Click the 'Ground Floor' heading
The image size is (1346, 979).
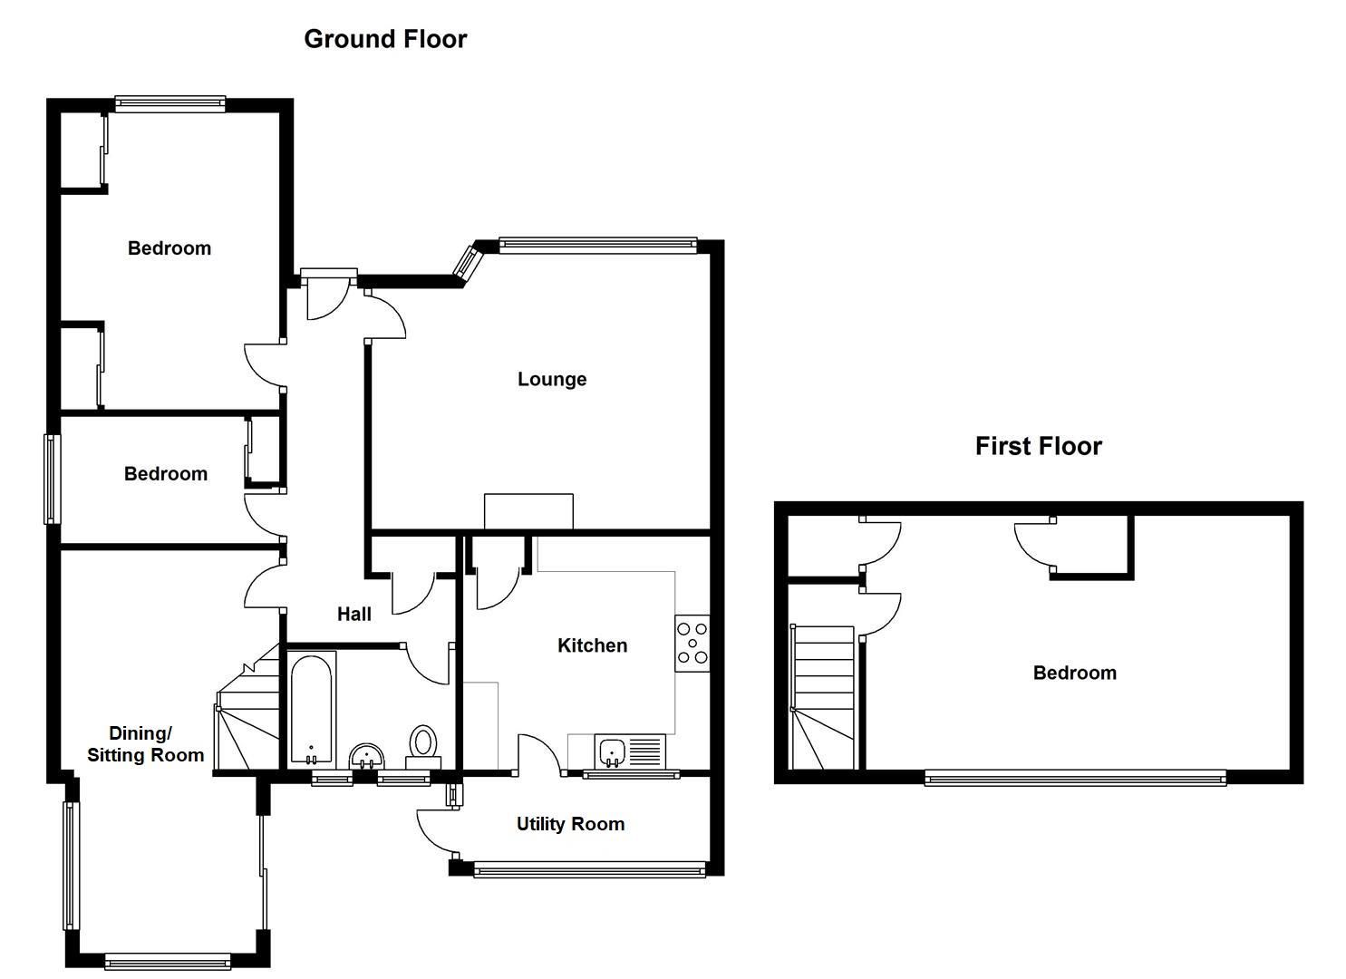click(385, 39)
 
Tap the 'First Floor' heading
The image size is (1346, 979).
click(1038, 446)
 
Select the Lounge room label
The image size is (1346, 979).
click(551, 379)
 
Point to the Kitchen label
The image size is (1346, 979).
click(592, 645)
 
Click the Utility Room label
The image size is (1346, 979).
click(570, 824)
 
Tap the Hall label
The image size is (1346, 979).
click(354, 614)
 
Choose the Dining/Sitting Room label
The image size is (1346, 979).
click(145, 743)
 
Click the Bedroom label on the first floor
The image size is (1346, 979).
click(1074, 673)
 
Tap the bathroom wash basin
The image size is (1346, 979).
click(367, 755)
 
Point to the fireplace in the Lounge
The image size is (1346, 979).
click(528, 511)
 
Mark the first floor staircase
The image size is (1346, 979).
click(823, 697)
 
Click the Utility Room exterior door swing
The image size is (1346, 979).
click(435, 832)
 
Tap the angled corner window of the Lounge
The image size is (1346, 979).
click(469, 260)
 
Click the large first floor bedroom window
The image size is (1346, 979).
click(1075, 777)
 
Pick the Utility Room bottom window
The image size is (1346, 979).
click(589, 871)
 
